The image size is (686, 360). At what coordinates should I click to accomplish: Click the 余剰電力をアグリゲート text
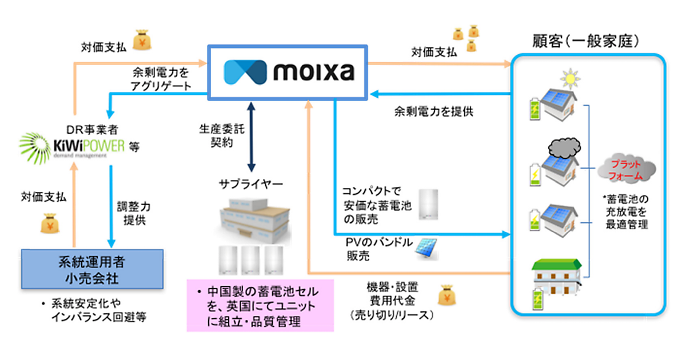(x=162, y=79)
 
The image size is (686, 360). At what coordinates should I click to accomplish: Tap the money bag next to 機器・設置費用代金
(x=448, y=295)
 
